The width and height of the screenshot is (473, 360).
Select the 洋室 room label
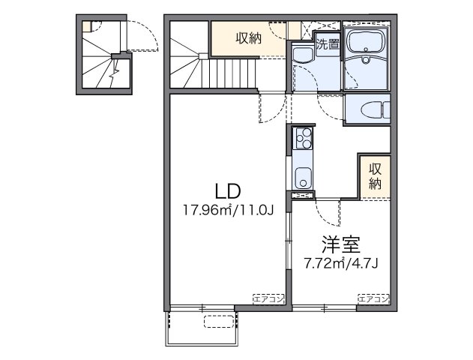pos(340,244)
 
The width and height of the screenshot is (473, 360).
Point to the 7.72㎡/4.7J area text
pos(340,264)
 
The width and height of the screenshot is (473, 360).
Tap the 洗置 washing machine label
pos(327,44)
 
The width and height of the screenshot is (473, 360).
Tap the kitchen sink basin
pos(302,178)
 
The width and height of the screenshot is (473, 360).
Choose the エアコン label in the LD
pos(268,298)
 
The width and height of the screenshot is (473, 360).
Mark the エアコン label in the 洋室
pos(373,298)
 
